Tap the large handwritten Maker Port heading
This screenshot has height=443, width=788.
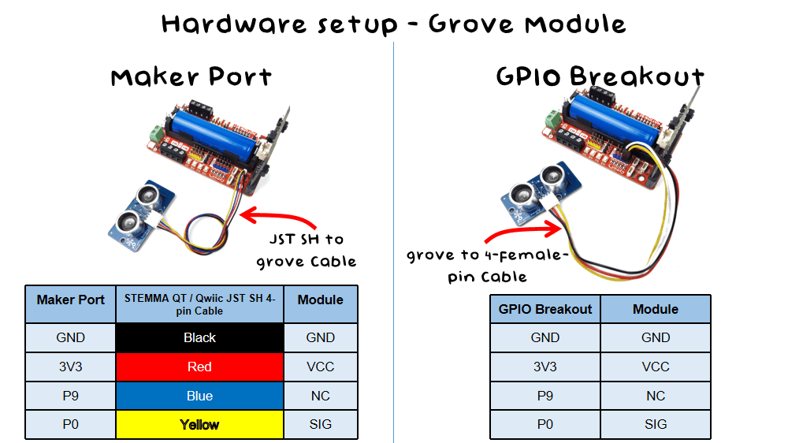coord(191,77)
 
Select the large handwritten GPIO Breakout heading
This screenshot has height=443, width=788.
coord(600,76)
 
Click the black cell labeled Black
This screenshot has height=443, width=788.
coord(199,337)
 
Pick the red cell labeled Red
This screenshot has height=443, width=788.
coord(199,367)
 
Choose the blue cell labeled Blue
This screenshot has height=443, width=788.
coord(199,396)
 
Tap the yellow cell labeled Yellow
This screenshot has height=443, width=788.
coord(199,425)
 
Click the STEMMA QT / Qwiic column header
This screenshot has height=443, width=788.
coord(199,304)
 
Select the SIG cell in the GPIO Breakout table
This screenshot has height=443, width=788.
coord(656,424)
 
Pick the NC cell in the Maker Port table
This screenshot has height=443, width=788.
coord(320,396)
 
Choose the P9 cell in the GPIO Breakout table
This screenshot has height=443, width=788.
coord(545,396)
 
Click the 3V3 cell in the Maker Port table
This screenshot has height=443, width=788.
coord(71,367)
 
